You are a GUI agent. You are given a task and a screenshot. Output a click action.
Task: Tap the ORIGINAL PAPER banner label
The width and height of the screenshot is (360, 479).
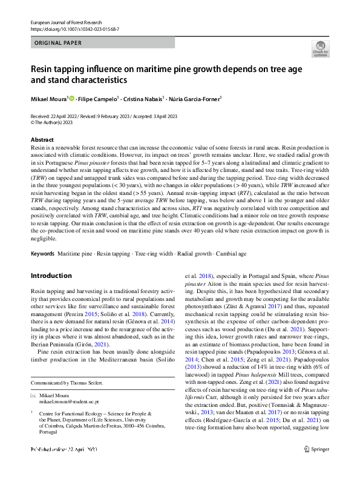58,44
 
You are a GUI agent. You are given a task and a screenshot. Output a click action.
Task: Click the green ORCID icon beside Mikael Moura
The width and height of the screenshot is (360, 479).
72,97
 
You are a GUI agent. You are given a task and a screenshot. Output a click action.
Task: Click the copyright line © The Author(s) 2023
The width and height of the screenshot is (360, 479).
56,121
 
